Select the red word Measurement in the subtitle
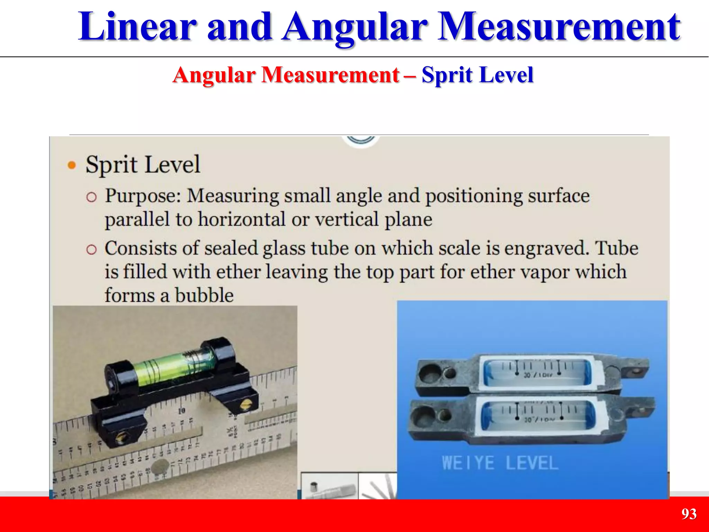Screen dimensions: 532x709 [330, 75]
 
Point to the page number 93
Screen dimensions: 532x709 [689, 514]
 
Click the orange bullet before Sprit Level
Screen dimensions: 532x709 [72, 165]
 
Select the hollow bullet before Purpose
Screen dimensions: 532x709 [91, 197]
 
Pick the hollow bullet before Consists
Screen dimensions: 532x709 [91, 249]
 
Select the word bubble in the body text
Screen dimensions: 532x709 [204, 295]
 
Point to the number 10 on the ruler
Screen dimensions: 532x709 [182, 411]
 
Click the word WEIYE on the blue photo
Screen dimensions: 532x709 [468, 463]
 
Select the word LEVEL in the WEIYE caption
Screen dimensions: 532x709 [532, 463]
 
